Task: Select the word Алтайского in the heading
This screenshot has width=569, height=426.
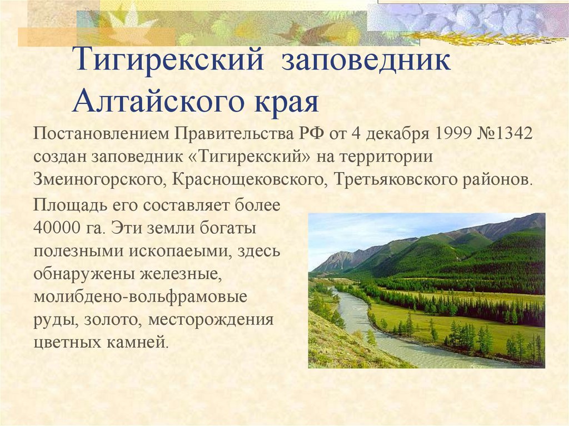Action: coord(158,102)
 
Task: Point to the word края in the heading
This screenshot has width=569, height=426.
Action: coord(286,103)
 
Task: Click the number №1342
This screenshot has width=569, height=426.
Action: coord(504,133)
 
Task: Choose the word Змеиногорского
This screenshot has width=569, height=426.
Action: coord(100,179)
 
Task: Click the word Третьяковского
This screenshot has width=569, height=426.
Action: coord(396,179)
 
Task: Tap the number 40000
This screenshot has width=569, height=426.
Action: coord(57,228)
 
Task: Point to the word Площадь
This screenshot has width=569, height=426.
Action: coord(70,206)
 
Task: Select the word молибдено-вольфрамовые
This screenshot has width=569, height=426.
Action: coord(141,297)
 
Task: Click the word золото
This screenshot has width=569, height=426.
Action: coord(113,320)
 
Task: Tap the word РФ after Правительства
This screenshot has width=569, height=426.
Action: coord(311,133)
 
